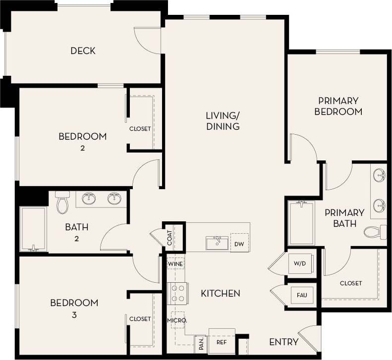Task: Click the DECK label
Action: tap(83, 51)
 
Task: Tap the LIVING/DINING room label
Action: tap(223, 121)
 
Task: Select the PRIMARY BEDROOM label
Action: tap(338, 106)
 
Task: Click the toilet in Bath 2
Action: tap(62, 202)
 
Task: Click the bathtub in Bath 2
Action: tap(34, 229)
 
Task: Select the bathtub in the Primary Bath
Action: tap(302, 223)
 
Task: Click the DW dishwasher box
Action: tap(240, 243)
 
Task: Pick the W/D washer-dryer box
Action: tap(301, 263)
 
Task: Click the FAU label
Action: tap(301, 295)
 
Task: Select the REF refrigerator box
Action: tap(221, 342)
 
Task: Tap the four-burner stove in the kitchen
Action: tap(178, 293)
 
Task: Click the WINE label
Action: tap(175, 264)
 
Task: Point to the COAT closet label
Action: tap(169, 239)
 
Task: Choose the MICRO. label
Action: tap(176, 320)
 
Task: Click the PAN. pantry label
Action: tap(201, 343)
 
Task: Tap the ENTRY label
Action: tap(283, 342)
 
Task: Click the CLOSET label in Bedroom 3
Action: tap(140, 319)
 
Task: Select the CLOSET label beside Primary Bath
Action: tap(350, 283)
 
